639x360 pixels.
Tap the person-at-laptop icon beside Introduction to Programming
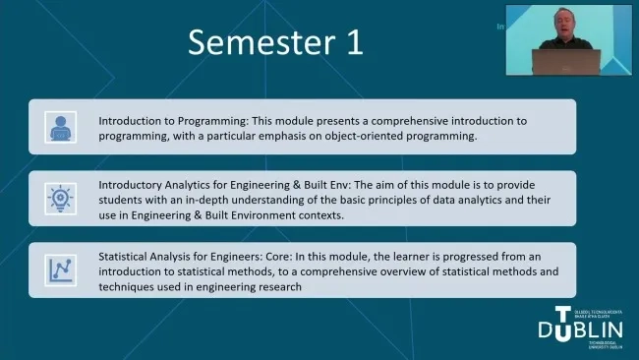tap(60, 127)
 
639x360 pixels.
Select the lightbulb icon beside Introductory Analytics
tap(60, 198)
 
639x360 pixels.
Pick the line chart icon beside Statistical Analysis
tap(60, 269)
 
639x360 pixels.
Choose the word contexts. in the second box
tap(316, 215)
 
